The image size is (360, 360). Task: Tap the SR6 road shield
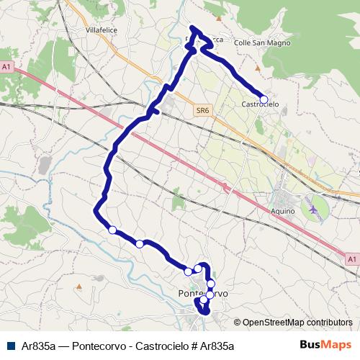203,110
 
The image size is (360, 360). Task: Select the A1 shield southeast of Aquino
351,258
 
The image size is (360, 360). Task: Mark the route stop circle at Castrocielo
264,99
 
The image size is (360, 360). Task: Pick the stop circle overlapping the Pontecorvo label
210,294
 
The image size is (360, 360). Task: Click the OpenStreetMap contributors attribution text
298,323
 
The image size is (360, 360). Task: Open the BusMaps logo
325,345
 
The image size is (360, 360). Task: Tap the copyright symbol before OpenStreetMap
238,323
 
